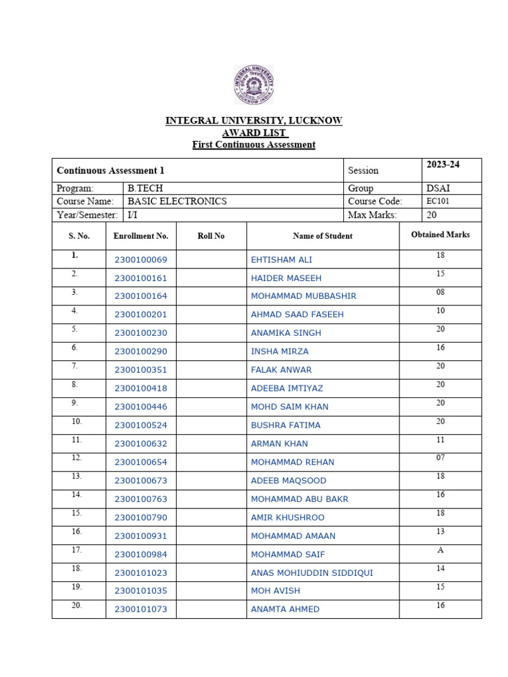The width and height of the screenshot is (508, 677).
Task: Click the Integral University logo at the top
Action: (253, 85)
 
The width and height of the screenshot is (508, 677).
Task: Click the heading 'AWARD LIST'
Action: (253, 133)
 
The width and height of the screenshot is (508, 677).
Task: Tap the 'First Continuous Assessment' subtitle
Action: (253, 145)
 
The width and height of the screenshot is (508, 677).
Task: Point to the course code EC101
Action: (438, 202)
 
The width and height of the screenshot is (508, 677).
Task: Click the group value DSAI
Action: (439, 188)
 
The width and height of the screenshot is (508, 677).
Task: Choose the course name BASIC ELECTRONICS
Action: (177, 202)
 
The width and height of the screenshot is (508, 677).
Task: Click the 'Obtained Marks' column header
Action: (440, 235)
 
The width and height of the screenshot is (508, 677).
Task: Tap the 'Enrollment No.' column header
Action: (141, 236)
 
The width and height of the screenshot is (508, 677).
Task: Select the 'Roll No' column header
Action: (211, 236)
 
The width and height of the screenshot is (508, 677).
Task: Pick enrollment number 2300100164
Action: (141, 296)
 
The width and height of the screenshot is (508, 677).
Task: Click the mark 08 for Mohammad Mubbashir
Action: (440, 292)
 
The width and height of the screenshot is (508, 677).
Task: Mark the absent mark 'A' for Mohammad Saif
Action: (440, 550)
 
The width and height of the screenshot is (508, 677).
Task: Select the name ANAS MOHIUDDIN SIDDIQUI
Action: (312, 573)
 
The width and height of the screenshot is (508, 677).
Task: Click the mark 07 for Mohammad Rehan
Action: (440, 458)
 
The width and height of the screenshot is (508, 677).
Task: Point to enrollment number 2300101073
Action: (141, 609)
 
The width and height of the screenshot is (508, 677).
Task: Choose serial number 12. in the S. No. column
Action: (77, 458)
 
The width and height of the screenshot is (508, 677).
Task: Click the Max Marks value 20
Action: (431, 215)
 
